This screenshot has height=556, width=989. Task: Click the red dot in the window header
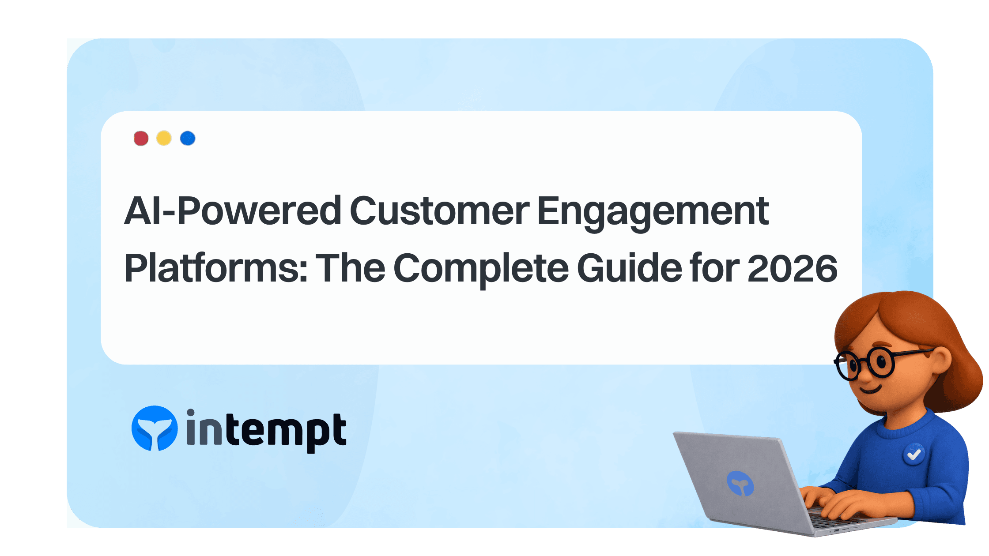click(141, 139)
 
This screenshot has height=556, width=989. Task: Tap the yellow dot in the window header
click(164, 138)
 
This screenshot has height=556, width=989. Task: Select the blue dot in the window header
click(188, 138)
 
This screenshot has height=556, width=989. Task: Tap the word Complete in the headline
click(481, 269)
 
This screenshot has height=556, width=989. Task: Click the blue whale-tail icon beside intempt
click(155, 428)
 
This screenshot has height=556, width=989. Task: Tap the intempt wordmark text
click(266, 431)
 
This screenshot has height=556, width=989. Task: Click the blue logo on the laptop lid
click(740, 483)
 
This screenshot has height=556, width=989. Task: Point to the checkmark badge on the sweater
click(914, 454)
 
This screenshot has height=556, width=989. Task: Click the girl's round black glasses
click(865, 364)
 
